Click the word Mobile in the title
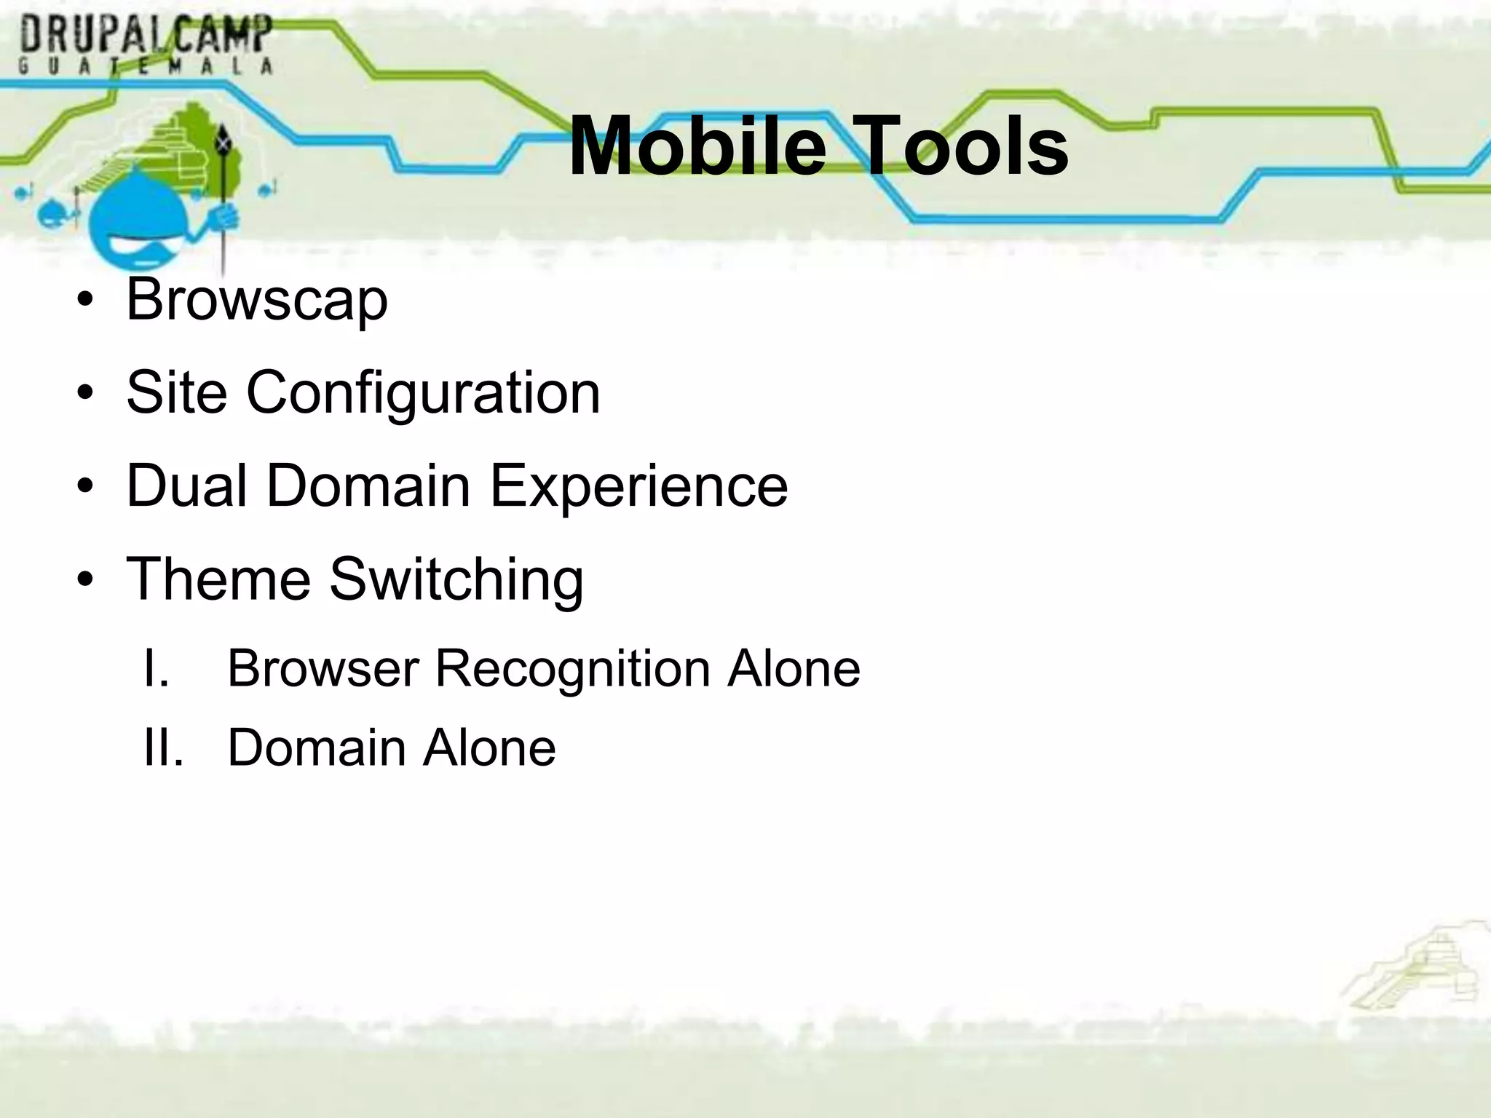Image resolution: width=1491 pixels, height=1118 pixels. tap(697, 147)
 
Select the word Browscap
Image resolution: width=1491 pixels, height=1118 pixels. tap(257, 300)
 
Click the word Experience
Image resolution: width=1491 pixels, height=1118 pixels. tap(638, 487)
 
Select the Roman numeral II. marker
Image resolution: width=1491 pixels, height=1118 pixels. tap(163, 748)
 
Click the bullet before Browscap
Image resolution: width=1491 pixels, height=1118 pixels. tap(86, 300)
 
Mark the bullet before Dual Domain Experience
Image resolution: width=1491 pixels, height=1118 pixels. tap(86, 487)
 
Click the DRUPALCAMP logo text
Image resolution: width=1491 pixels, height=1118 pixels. tap(146, 34)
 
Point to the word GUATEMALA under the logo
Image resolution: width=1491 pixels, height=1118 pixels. tap(146, 66)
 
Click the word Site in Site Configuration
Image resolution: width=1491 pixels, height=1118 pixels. tap(176, 393)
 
